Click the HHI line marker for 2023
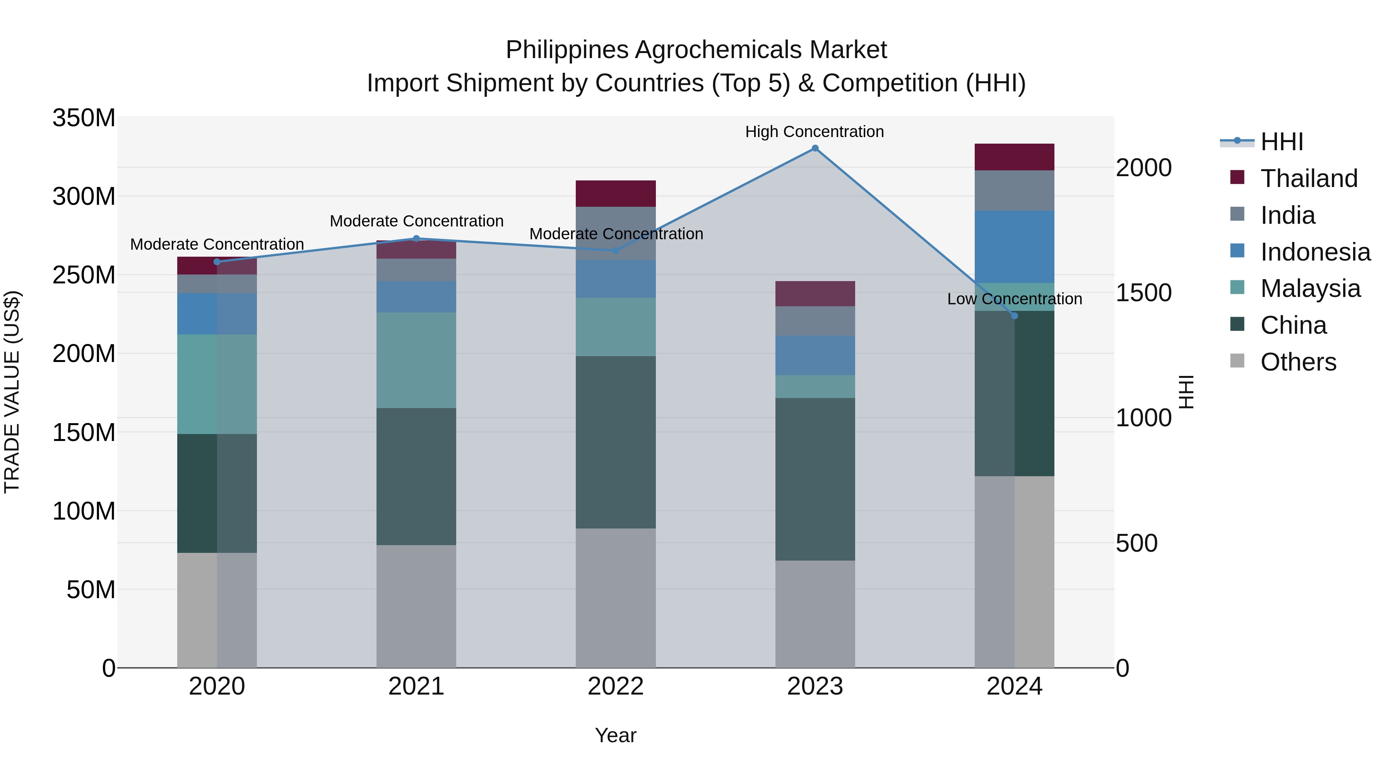click(x=815, y=148)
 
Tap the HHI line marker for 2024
click(x=1015, y=316)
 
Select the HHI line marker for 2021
click(x=416, y=238)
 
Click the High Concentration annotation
click(x=815, y=132)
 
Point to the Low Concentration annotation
click(x=1015, y=299)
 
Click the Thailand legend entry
click(x=1309, y=178)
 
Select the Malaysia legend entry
click(x=1310, y=288)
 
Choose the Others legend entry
click(x=1298, y=362)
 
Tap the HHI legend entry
click(x=1282, y=142)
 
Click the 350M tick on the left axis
click(x=84, y=118)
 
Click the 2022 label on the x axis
click(x=615, y=686)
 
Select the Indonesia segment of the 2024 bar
click(x=1015, y=247)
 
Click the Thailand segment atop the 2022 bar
click(x=615, y=194)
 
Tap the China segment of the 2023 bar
click(x=815, y=479)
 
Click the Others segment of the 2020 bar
click(x=217, y=610)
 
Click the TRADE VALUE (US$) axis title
click(x=12, y=392)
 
